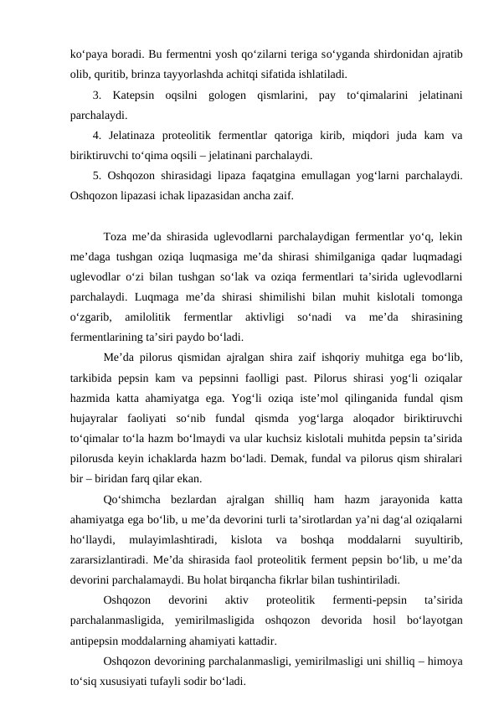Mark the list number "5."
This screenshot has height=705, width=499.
pos(98,174)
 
